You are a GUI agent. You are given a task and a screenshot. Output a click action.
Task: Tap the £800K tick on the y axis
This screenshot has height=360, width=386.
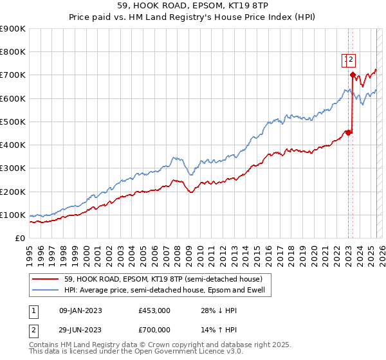[13, 52]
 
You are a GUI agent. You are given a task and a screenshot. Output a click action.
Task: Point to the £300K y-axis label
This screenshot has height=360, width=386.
[13, 168]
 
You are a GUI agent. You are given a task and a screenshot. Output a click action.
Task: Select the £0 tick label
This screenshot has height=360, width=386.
[21, 238]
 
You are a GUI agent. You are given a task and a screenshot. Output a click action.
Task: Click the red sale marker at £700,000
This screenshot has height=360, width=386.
[353, 75]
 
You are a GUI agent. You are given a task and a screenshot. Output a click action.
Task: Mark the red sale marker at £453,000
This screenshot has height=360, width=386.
[348, 132]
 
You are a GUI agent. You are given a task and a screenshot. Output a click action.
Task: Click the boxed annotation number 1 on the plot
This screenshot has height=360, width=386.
[345, 60]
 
